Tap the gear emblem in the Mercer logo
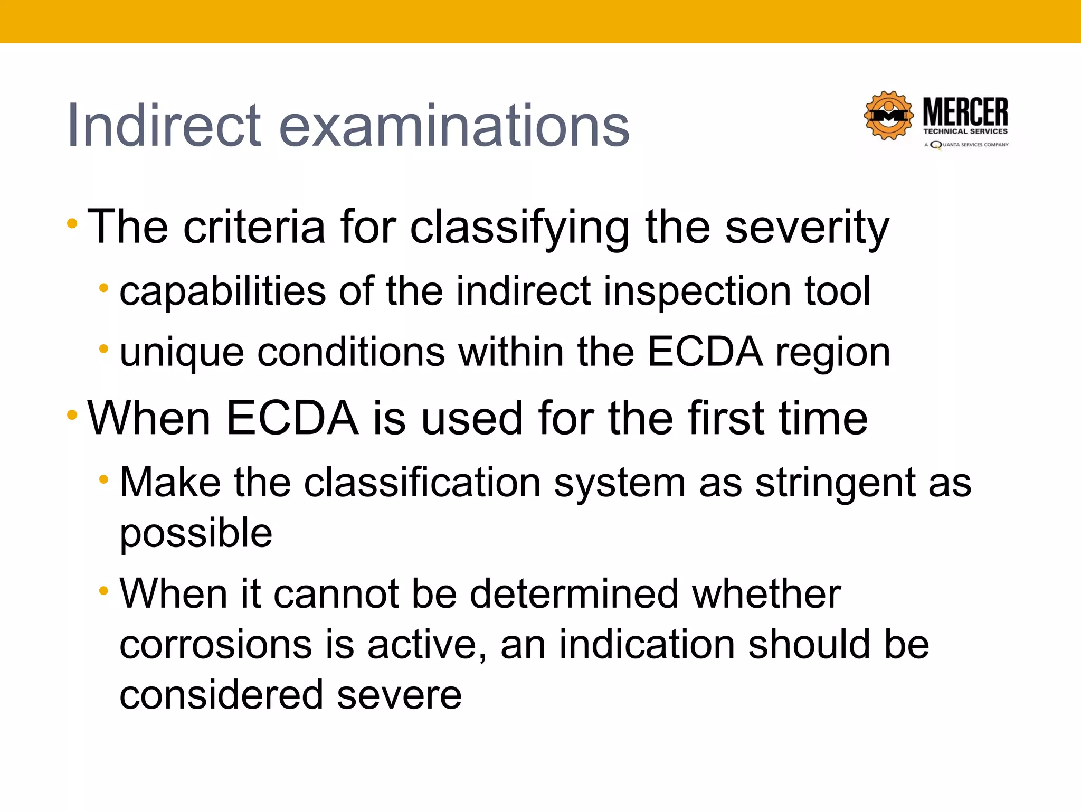[888, 116]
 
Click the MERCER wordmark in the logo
[965, 112]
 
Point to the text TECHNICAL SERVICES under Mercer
[965, 131]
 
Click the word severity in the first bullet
[807, 227]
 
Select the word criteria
[254, 227]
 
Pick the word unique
[182, 353]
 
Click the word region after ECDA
[832, 353]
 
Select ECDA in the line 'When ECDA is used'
[293, 418]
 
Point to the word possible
[196, 533]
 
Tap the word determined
[574, 594]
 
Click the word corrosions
[216, 645]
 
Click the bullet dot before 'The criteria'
[72, 224]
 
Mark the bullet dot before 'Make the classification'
[104, 479]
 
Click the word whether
[766, 594]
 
